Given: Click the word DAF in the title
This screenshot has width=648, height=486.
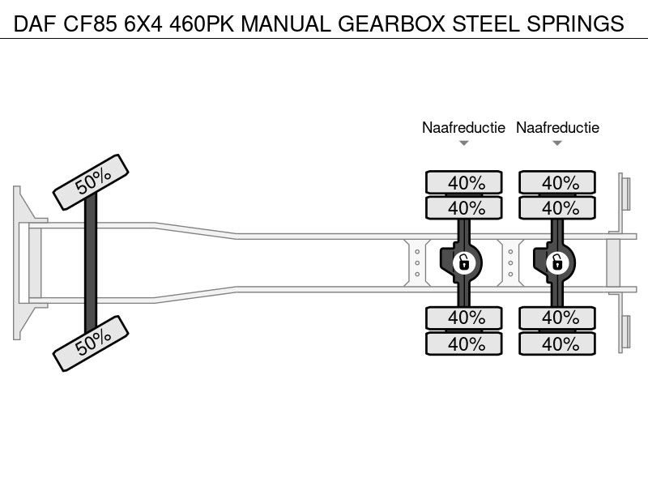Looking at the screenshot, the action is [35, 23].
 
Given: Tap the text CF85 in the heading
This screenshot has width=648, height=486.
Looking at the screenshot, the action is [90, 23].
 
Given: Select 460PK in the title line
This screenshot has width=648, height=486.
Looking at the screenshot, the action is [202, 23].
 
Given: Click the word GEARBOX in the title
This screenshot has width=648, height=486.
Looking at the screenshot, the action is [391, 23].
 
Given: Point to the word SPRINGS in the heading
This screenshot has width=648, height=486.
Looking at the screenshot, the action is [575, 23].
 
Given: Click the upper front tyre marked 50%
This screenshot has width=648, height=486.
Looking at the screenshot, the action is [91, 182].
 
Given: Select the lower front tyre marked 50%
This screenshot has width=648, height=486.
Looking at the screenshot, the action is [91, 343].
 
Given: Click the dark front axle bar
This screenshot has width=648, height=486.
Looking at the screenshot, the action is [91, 262].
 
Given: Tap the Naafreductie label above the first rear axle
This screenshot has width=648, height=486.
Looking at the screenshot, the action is [463, 128].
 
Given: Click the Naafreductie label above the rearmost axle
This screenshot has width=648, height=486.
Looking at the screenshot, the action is [557, 128].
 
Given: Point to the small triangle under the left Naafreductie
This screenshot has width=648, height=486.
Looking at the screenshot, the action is [463, 143].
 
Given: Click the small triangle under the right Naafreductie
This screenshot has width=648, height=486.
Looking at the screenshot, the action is [557, 143].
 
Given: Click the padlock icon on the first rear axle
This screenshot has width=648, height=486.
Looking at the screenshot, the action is [463, 262].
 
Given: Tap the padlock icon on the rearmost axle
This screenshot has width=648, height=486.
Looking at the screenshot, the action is [557, 262].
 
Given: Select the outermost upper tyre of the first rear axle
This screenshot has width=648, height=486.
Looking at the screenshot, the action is [464, 182].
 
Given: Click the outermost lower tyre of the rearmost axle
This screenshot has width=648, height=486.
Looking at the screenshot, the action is [557, 343].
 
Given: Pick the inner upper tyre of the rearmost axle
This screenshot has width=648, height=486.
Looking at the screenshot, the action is [557, 207].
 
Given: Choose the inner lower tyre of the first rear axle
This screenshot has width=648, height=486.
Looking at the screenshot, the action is [464, 318].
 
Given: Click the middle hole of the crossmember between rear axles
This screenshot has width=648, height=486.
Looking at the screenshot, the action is [511, 262].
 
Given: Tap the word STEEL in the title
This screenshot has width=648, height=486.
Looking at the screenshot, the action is [485, 23].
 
